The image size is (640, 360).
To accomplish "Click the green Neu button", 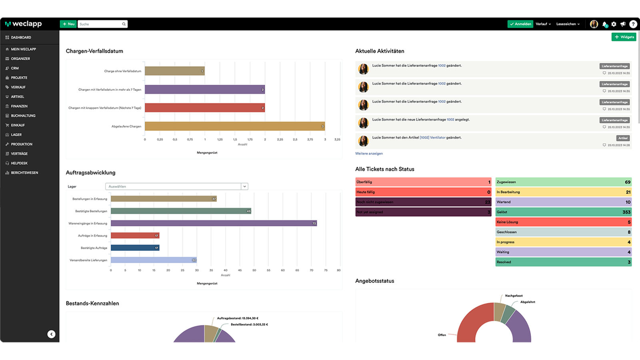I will coord(68,24).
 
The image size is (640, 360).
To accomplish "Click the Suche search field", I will coord(100,24).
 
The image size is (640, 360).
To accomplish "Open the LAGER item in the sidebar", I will coord(16,135).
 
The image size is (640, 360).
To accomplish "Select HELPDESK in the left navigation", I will coord(19,163).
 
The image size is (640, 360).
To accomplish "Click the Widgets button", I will coord(624,37).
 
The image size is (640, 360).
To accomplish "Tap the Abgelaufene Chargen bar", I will coord(234,126).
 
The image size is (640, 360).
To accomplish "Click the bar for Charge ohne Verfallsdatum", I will coord(174,71).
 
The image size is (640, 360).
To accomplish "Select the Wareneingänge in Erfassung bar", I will coord(214,223).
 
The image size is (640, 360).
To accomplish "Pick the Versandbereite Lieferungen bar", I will coord(154,260).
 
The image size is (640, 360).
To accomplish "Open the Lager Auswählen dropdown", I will coord(176,186).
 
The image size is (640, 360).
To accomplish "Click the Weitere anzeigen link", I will coord(369,154).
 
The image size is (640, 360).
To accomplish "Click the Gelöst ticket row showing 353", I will coord(563,212).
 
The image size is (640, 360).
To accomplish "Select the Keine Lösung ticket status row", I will coord(563,222).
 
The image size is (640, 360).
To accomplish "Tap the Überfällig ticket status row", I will coord(423,182).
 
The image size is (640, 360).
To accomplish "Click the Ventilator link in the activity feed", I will coord(438,138).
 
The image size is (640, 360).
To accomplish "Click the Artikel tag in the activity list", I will coord(623,138).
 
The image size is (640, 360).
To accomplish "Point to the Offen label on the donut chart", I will coord(442,335).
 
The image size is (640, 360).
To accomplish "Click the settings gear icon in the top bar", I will coord(614,24).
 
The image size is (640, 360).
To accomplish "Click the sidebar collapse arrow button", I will coord(51,334).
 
